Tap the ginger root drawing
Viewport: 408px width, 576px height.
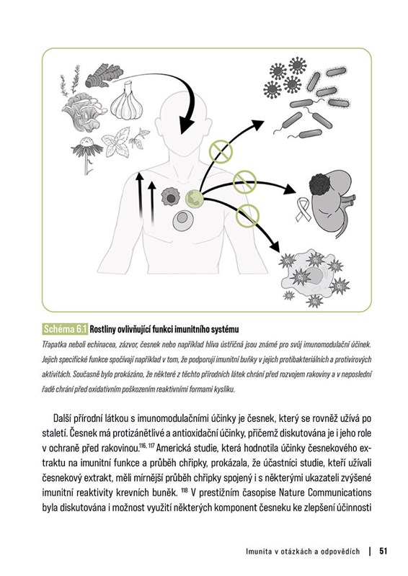pyautogui.click(x=104, y=76)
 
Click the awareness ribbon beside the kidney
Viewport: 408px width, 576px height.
pyautogui.click(x=303, y=210)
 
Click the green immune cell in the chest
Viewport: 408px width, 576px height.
pyautogui.click(x=194, y=199)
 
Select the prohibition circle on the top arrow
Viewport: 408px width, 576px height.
pyautogui.click(x=221, y=151)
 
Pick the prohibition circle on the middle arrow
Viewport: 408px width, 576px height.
pyautogui.click(x=244, y=181)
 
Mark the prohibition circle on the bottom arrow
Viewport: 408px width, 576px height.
pyautogui.click(x=247, y=216)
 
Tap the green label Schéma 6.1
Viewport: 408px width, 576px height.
pyautogui.click(x=65, y=329)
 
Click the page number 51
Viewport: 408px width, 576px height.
pyautogui.click(x=383, y=551)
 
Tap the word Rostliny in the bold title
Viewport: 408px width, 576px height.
pyautogui.click(x=102, y=329)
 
